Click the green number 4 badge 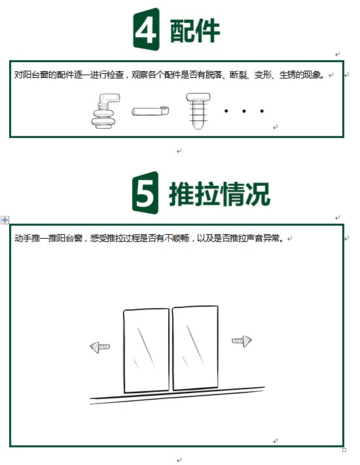click(146, 29)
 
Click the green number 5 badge click(145, 193)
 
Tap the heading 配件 click(195, 31)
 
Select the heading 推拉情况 click(220, 194)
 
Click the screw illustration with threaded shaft click(198, 111)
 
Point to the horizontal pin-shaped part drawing click(150, 111)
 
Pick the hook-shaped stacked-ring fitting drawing click(105, 111)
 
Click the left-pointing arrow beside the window click(99, 347)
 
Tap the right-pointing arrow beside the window click(242, 341)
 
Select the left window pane click(147, 351)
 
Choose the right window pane click(195, 347)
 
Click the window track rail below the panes click(177, 395)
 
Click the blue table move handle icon click(5, 220)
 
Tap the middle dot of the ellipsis click(244, 111)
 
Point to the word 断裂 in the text click(238, 75)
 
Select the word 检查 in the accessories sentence click(115, 75)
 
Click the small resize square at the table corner click(344, 450)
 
